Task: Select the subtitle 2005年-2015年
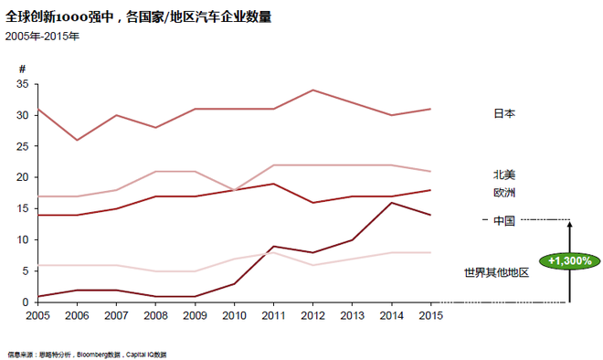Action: [41, 37]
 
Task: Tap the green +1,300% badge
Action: [568, 260]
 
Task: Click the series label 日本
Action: [504, 113]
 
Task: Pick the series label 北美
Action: [504, 175]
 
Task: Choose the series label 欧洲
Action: [504, 193]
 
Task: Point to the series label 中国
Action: [504, 220]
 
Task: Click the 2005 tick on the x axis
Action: [37, 315]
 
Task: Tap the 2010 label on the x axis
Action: [234, 315]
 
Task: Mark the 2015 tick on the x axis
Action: [430, 315]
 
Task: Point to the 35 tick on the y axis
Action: [23, 84]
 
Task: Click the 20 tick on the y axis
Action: [23, 177]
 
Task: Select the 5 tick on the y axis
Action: [26, 270]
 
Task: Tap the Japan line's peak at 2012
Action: [312, 90]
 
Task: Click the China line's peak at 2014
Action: [391, 202]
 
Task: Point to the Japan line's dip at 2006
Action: [77, 140]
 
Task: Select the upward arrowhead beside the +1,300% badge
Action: [568, 224]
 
